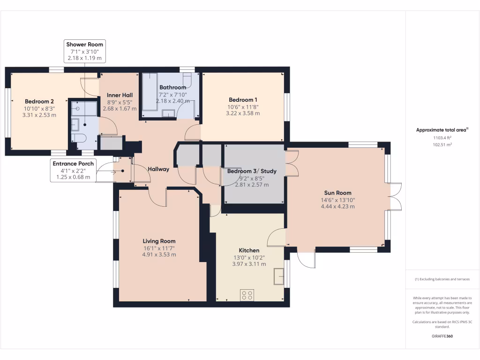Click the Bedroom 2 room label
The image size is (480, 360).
pos(39,101)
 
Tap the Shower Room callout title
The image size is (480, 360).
pos(85,45)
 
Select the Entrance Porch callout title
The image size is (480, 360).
pos(73,164)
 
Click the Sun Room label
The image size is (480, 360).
pos(337,193)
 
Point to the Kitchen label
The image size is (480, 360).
pos(249,250)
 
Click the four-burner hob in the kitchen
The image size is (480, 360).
pos(247,295)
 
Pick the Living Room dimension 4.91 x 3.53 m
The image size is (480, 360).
pos(159,255)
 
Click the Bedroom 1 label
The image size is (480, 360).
pos(243,100)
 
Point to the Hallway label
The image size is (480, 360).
pos(158,169)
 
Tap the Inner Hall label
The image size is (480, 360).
pos(120,95)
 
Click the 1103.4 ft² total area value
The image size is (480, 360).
pos(442,138)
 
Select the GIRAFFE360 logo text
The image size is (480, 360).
pos(442,336)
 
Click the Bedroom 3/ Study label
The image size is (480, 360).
pos(252,171)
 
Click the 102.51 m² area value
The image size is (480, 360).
pos(442,145)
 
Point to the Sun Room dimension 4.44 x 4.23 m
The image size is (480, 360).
pos(337,206)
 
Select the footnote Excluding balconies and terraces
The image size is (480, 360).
pos(442,279)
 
